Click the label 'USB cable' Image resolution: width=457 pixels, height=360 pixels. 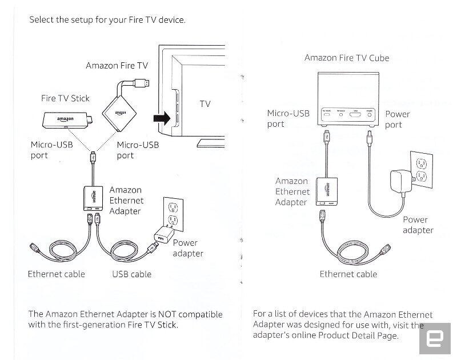(x=132, y=274)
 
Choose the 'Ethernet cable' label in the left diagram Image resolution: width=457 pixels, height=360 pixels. (x=56, y=274)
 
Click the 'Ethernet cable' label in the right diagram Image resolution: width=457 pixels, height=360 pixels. (x=348, y=274)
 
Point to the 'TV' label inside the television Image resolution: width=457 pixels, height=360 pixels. (x=205, y=104)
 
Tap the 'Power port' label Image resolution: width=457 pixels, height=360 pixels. (x=398, y=119)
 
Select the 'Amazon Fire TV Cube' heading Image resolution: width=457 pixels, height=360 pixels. (x=347, y=58)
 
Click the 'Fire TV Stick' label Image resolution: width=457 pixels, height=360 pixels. (x=65, y=98)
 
